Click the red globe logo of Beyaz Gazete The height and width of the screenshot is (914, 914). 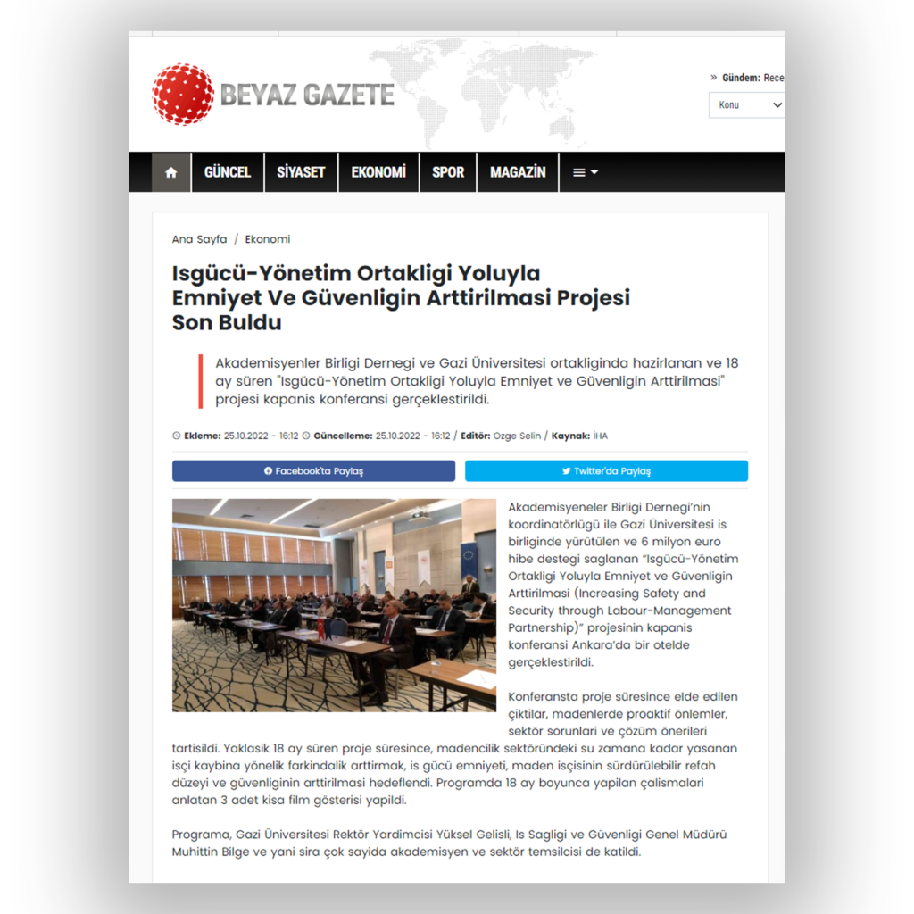[x=183, y=94]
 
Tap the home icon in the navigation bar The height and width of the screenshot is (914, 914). [x=170, y=172]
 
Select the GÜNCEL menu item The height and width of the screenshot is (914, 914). [x=228, y=172]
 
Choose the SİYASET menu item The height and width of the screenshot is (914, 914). [x=301, y=172]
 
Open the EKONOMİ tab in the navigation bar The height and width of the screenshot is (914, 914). [x=378, y=172]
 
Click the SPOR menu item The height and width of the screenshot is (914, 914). [x=448, y=172]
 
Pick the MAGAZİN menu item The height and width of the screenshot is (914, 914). [x=518, y=172]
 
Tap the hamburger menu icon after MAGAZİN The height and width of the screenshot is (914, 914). [x=585, y=172]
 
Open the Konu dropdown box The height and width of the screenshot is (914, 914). [x=748, y=105]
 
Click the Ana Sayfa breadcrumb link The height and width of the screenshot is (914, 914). [x=199, y=239]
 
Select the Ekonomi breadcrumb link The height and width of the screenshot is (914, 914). [x=268, y=239]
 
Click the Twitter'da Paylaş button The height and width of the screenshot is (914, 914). [x=606, y=471]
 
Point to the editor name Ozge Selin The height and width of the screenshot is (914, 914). [x=517, y=436]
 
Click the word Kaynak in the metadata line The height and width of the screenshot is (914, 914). [x=569, y=436]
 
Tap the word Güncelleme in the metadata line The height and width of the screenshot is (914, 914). [x=343, y=436]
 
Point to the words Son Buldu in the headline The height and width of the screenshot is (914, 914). [x=227, y=322]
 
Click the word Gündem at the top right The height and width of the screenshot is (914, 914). [x=741, y=78]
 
